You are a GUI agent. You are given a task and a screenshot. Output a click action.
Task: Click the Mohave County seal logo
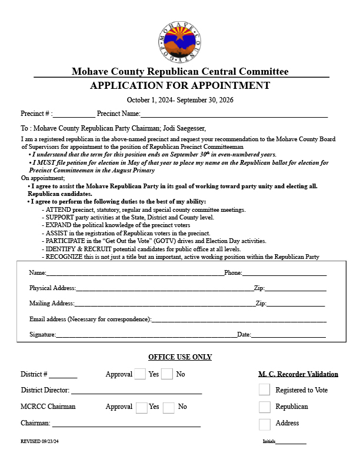(180, 42)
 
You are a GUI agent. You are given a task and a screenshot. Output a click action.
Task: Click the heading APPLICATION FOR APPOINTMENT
(180, 86)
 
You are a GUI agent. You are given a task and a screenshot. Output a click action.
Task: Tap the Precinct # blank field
(74, 115)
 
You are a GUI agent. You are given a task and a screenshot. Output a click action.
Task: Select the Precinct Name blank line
(234, 115)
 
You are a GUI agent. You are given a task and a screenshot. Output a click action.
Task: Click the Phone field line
(285, 274)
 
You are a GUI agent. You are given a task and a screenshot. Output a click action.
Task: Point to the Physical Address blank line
(164, 289)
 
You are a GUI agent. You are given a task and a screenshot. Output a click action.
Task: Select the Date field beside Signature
(288, 335)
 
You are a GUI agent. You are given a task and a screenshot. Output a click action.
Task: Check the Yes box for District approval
(140, 374)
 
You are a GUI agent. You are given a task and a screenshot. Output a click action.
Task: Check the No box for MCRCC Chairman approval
(168, 407)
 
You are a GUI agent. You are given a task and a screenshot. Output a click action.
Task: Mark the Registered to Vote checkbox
(265, 390)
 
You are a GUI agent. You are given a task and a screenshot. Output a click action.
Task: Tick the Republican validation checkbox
(265, 407)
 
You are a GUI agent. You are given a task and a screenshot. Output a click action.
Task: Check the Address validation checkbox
(265, 424)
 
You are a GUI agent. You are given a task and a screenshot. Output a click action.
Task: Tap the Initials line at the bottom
(291, 442)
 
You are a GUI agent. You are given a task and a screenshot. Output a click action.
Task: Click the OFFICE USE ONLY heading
(180, 357)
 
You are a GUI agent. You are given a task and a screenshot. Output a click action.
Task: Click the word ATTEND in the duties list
(57, 210)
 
